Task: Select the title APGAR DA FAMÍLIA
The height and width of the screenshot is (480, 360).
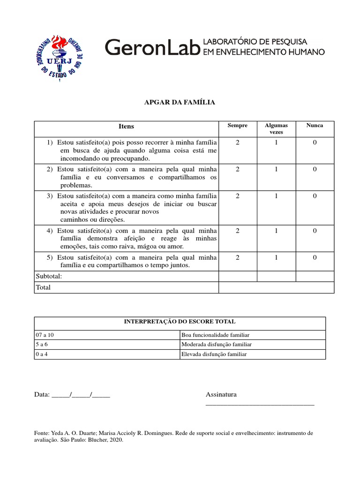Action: click(x=180, y=102)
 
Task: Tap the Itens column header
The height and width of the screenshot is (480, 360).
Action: click(x=127, y=126)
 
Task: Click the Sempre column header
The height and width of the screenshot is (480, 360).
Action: click(x=237, y=126)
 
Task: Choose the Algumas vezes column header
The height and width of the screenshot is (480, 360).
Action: click(x=276, y=128)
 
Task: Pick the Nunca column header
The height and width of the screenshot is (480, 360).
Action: click(x=315, y=126)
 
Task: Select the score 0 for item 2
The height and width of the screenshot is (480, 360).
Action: click(x=315, y=169)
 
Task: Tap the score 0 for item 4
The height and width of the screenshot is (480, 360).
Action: click(x=315, y=231)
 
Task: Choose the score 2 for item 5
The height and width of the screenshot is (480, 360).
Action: click(x=238, y=257)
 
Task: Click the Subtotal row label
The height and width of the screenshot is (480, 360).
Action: click(x=49, y=276)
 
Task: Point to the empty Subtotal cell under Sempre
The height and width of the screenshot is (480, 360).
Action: click(x=238, y=276)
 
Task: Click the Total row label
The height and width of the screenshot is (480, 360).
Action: click(x=43, y=287)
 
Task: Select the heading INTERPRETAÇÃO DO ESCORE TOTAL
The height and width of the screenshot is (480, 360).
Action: click(x=180, y=322)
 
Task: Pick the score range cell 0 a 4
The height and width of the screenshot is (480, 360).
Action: click(x=42, y=354)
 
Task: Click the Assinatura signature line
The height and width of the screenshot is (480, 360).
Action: click(x=260, y=403)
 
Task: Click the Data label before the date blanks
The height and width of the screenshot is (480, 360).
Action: click(x=42, y=395)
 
